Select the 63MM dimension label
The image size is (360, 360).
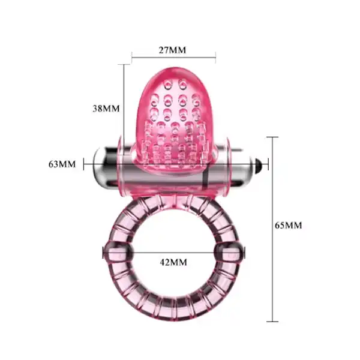click(x=62, y=163)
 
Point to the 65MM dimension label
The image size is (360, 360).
click(x=288, y=225)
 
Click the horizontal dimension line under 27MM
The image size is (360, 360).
click(x=173, y=58)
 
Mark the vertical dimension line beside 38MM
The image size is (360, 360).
click(x=124, y=99)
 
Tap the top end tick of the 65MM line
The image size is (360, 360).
click(x=275, y=137)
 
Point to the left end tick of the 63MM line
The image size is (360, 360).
click(x=84, y=163)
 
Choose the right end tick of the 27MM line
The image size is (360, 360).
click(x=215, y=58)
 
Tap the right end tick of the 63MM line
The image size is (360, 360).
click(x=268, y=163)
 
